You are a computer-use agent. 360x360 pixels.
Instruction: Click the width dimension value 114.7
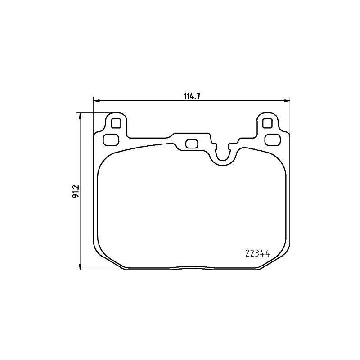tap(191, 95)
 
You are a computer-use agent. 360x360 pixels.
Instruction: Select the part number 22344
tap(256, 253)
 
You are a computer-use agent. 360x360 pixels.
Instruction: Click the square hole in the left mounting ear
tap(116, 123)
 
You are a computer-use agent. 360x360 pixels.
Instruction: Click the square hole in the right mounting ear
tap(267, 123)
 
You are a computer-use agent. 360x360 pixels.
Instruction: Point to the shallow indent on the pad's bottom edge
tap(191, 266)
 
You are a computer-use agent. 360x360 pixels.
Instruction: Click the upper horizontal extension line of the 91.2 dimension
tap(92, 112)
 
